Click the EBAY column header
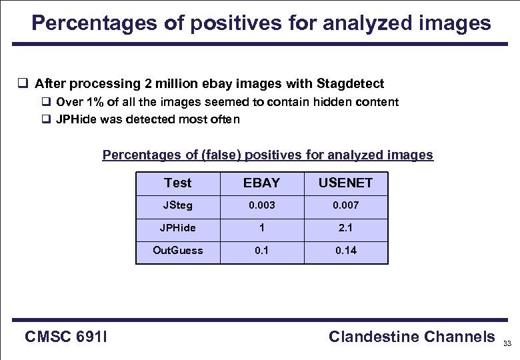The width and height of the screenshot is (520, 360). [x=261, y=183]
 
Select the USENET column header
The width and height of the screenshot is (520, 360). [x=345, y=183]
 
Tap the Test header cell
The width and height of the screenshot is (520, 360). [x=177, y=183]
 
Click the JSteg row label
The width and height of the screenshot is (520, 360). [x=177, y=205]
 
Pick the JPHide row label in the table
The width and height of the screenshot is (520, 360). [x=177, y=228]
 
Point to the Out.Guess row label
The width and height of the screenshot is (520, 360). [x=177, y=251]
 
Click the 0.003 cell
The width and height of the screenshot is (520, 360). [x=261, y=205]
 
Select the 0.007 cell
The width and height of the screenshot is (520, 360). [x=346, y=205]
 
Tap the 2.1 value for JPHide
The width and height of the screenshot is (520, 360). [x=346, y=228]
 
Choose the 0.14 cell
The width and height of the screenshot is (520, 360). [x=346, y=251]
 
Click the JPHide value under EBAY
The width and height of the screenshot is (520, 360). [x=261, y=228]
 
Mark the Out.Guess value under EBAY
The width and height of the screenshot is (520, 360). [x=261, y=251]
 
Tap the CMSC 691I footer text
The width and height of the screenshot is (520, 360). [x=67, y=337]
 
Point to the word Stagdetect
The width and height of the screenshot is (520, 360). [x=351, y=84]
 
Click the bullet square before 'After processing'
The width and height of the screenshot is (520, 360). [x=22, y=84]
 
